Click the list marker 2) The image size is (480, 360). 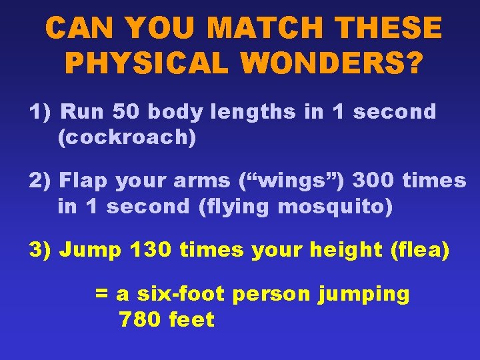[x=40, y=181]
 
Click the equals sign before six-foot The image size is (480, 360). [x=102, y=294]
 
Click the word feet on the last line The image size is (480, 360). [x=191, y=319]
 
